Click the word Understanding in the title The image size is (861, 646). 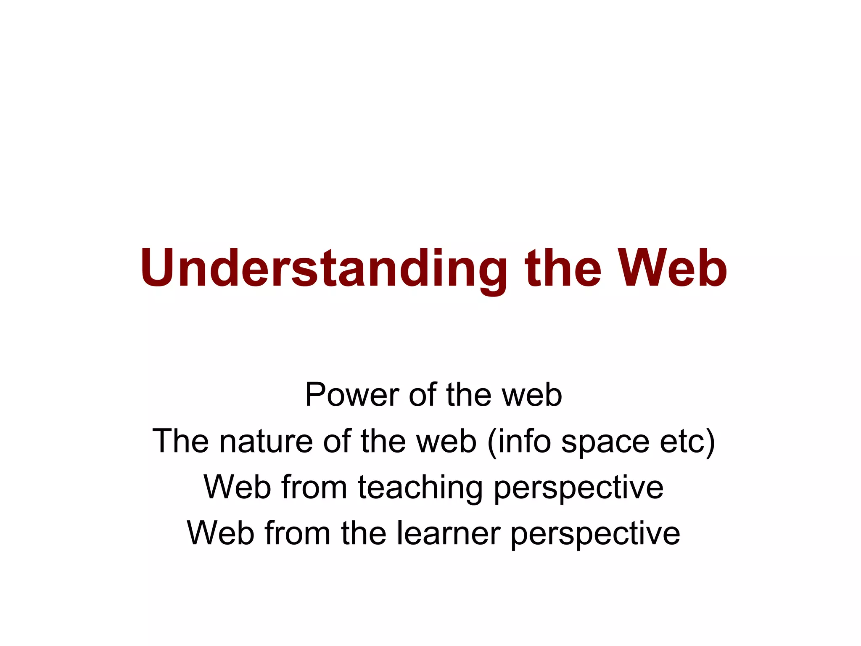(x=323, y=269)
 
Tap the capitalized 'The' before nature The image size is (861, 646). (x=181, y=441)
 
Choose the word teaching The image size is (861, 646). (x=420, y=488)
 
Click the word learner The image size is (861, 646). (x=448, y=533)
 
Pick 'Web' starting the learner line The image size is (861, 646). (x=221, y=533)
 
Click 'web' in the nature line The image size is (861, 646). (x=446, y=441)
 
